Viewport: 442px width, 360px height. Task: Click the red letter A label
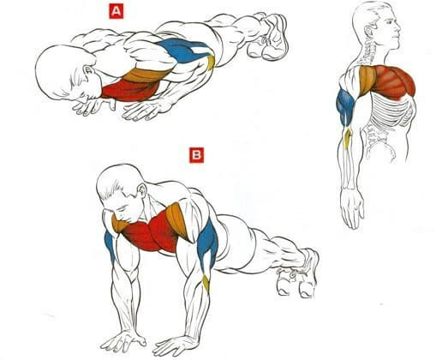click(116, 11)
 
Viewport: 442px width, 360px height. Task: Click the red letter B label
click(197, 155)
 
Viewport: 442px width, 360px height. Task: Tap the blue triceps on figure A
click(184, 51)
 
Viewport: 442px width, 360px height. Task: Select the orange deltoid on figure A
click(147, 75)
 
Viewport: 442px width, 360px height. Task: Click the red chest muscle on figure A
click(130, 90)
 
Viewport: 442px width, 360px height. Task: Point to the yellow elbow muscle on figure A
click(211, 63)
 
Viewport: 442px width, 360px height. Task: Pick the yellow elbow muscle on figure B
click(206, 283)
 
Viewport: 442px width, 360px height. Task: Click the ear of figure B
click(142, 189)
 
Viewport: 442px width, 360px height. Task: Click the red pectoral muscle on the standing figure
click(392, 81)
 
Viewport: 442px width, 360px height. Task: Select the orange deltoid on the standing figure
click(367, 80)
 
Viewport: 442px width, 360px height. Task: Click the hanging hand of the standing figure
click(352, 208)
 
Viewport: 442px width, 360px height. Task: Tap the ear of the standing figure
click(369, 32)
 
